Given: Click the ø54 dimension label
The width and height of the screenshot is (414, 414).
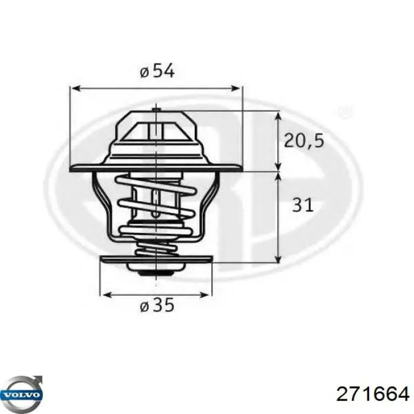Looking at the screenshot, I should point(157,72).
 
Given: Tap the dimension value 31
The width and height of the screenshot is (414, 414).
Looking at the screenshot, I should point(302,205).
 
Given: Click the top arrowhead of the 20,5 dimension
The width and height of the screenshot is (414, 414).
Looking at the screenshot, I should point(278,114).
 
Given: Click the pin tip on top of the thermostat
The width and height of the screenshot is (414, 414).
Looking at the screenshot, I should point(155,109).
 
